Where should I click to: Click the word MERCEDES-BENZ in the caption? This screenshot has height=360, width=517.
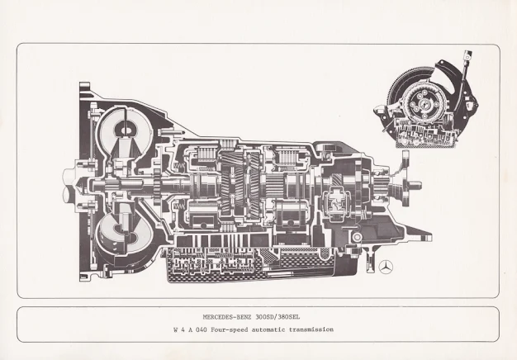228,317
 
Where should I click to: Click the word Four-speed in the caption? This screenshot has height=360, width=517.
235,329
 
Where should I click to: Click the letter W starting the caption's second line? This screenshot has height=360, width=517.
174,329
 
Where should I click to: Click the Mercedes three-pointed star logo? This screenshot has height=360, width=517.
385,266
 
